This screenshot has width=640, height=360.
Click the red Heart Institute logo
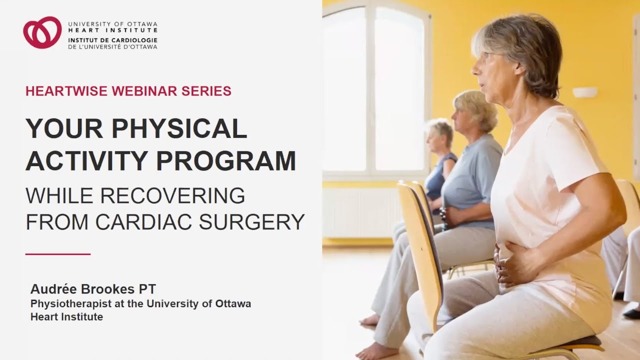42,32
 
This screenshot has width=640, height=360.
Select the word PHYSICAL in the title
179,129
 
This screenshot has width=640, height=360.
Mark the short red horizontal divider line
57,254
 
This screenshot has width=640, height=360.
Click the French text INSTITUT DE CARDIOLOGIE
112,40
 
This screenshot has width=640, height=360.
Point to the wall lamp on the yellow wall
584,92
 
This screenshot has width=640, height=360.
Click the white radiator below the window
360,212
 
